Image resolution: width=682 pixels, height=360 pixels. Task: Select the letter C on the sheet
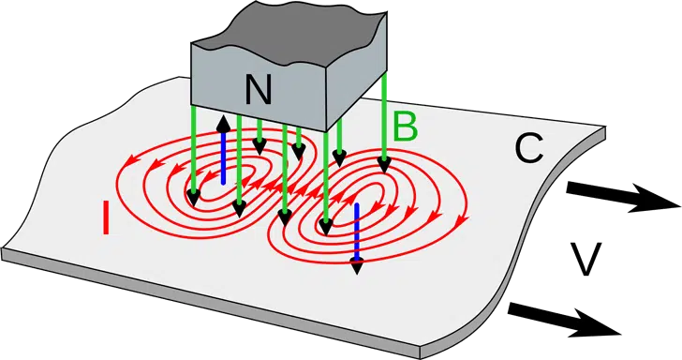pyautogui.click(x=529, y=148)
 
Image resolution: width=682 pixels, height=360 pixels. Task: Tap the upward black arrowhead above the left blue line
pyautogui.click(x=223, y=124)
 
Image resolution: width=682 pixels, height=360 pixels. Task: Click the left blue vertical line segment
pyautogui.click(x=223, y=159)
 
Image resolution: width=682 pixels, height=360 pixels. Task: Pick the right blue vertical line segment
pyautogui.click(x=356, y=230)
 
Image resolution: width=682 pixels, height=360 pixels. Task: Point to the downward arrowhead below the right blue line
pyautogui.click(x=356, y=266)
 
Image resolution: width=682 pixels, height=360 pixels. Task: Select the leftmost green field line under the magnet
pyautogui.click(x=193, y=150)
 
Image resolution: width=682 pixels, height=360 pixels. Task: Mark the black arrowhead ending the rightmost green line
pyautogui.click(x=383, y=166)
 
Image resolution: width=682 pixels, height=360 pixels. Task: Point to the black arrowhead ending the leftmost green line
pyautogui.click(x=193, y=198)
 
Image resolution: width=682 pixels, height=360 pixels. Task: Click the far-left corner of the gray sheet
pyautogui.click(x=5, y=250)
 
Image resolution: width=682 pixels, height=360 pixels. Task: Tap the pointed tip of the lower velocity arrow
pyautogui.click(x=619, y=331)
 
